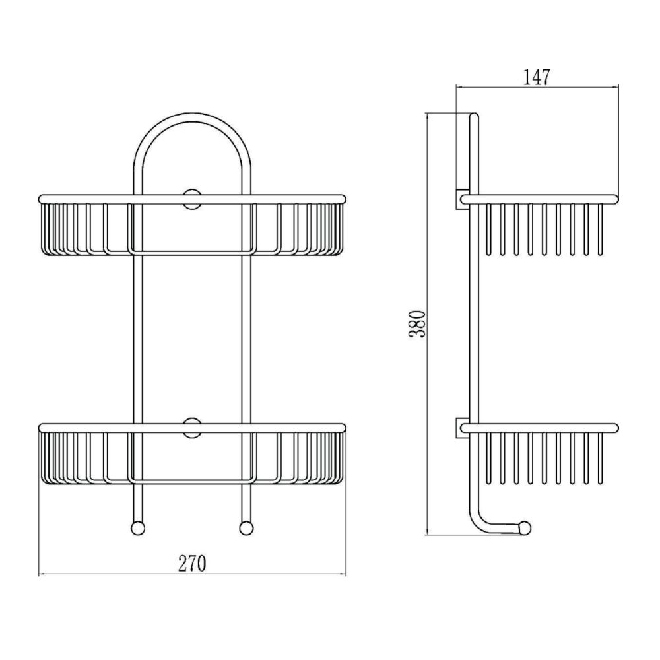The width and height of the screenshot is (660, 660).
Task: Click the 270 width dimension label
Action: (192, 564)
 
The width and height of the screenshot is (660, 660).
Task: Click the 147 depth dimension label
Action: (537, 77)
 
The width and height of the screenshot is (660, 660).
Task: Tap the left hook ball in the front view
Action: (138, 528)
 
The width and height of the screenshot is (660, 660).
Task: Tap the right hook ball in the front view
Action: (247, 528)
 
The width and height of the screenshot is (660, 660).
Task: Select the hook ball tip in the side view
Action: (525, 528)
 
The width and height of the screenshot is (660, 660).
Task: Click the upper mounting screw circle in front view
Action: (192, 199)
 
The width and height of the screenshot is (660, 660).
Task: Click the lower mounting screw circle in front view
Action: (192, 428)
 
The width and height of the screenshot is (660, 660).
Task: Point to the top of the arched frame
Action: (192, 117)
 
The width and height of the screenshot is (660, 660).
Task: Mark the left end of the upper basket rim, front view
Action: (39, 199)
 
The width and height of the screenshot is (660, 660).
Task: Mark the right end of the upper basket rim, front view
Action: (345, 199)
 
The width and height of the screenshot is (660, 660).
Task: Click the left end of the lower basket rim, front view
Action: (39, 428)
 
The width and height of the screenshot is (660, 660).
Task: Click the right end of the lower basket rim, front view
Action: (345, 428)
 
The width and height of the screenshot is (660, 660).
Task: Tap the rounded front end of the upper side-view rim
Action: (616, 199)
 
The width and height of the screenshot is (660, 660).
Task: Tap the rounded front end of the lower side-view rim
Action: (616, 428)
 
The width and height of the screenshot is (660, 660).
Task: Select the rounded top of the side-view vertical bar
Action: (474, 115)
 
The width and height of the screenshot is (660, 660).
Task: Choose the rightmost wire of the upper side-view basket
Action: (600, 230)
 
